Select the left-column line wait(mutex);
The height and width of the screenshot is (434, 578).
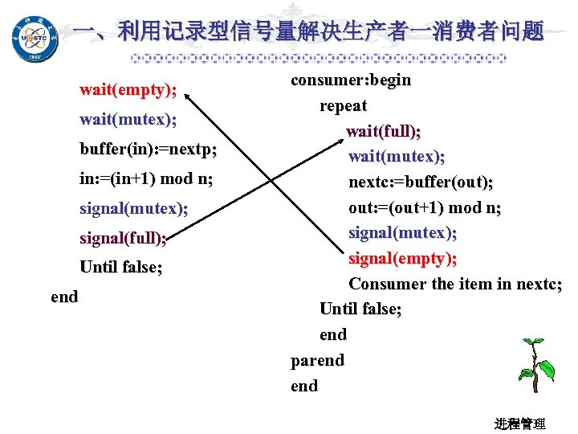click(x=128, y=120)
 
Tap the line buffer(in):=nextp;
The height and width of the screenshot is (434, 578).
click(x=149, y=149)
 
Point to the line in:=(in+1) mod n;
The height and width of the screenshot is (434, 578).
click(x=146, y=179)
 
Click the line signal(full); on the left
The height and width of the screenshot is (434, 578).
click(x=124, y=239)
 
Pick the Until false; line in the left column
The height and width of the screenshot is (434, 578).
click(x=120, y=268)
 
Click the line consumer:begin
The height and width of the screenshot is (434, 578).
click(x=351, y=80)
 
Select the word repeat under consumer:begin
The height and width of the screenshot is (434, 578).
click(x=344, y=106)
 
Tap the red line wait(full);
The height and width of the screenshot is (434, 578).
click(x=384, y=131)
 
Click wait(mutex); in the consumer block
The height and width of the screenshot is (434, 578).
click(x=397, y=156)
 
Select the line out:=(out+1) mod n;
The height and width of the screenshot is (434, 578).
click(x=425, y=207)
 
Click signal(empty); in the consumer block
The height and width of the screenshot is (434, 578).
click(x=403, y=259)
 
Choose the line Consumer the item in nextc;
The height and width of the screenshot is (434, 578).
click(x=455, y=284)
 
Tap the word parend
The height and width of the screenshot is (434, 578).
click(x=317, y=361)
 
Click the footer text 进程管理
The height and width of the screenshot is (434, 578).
click(x=520, y=423)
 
